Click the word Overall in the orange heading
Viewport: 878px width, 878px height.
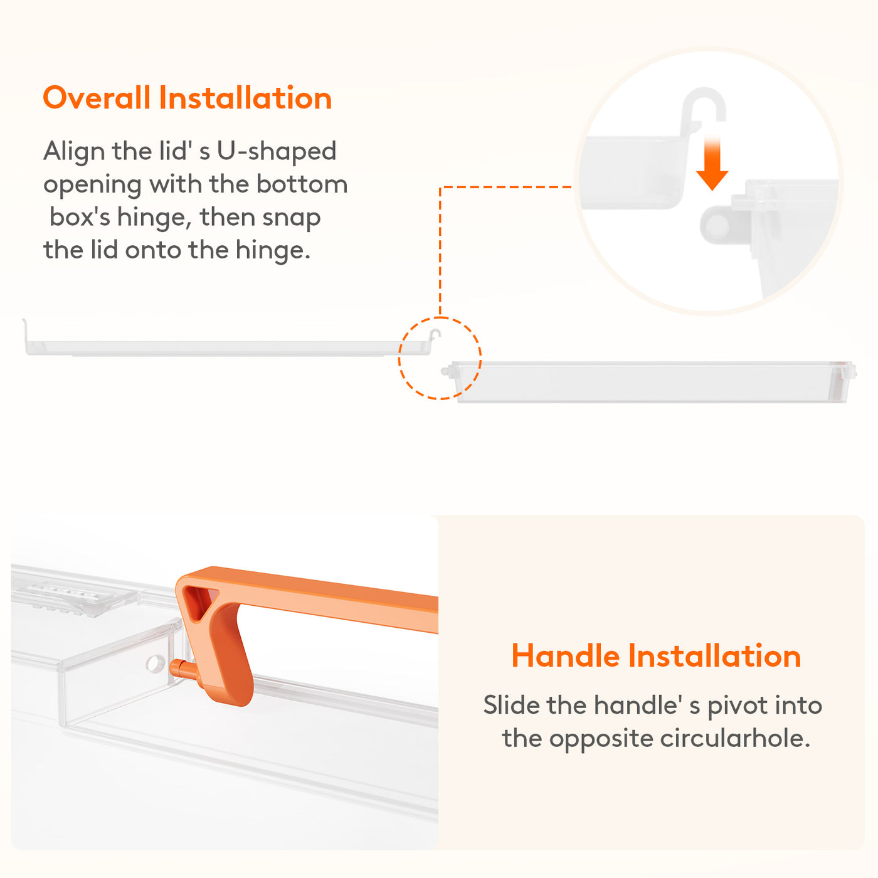click(x=97, y=98)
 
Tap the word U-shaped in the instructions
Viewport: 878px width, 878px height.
click(x=277, y=152)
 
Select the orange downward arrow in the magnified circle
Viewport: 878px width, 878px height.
click(x=712, y=162)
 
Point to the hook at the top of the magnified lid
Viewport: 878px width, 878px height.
click(x=703, y=104)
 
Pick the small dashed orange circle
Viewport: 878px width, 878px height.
click(x=440, y=317)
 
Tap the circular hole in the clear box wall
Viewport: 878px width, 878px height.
click(x=155, y=663)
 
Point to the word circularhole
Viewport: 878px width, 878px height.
click(x=735, y=739)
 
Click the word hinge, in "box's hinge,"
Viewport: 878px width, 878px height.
click(x=154, y=218)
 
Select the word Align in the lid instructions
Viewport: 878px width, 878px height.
click(x=74, y=152)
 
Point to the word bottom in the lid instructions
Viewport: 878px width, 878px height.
click(x=302, y=184)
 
